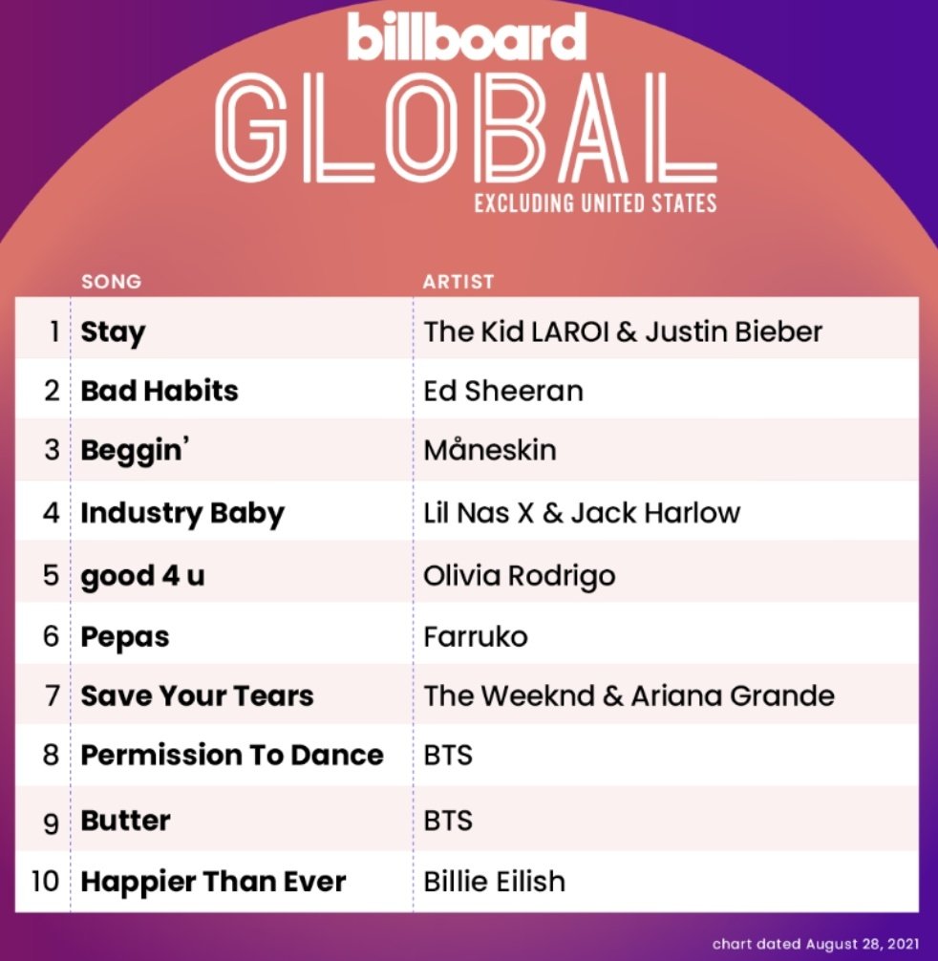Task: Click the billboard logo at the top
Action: pyautogui.click(x=466, y=37)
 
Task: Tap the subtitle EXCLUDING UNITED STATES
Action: pyautogui.click(x=595, y=203)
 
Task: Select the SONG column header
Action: pyautogui.click(x=111, y=282)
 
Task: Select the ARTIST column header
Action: pyautogui.click(x=458, y=282)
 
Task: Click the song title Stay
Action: pyautogui.click(x=113, y=332)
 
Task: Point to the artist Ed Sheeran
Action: pyautogui.click(x=503, y=391)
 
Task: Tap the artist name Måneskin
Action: pyautogui.click(x=490, y=451)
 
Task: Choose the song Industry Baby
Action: pyautogui.click(x=182, y=513)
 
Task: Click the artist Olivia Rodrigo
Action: pyautogui.click(x=520, y=576)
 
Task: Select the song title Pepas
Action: pyautogui.click(x=125, y=637)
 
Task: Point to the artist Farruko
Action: pyautogui.click(x=476, y=637)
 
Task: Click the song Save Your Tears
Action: pyautogui.click(x=197, y=696)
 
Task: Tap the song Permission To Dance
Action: pyautogui.click(x=232, y=755)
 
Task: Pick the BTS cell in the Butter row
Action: pyautogui.click(x=448, y=821)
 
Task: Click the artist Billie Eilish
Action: pyautogui.click(x=495, y=881)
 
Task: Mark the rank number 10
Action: pyautogui.click(x=45, y=881)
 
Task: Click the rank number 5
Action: pyautogui.click(x=52, y=576)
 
